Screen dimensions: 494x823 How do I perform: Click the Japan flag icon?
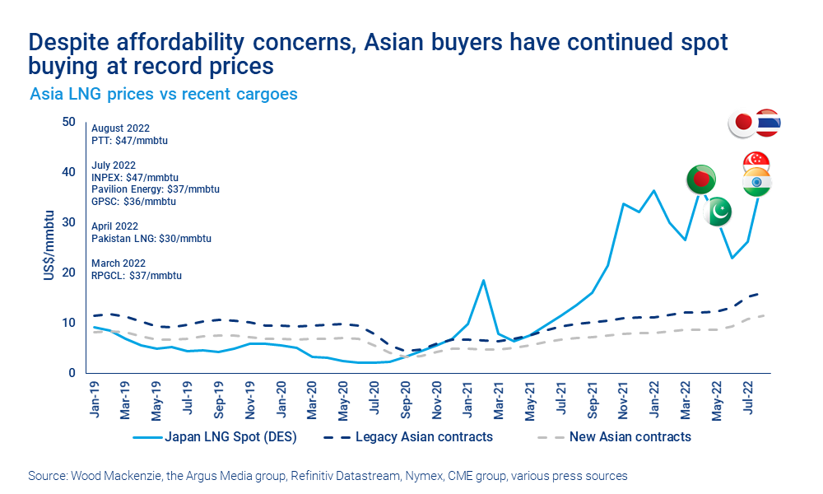click(743, 123)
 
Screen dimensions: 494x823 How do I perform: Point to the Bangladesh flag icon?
click(700, 179)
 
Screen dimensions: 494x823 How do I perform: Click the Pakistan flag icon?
click(718, 212)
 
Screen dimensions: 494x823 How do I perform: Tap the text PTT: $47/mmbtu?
click(130, 141)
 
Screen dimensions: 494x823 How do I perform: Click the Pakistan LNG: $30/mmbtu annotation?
click(151, 239)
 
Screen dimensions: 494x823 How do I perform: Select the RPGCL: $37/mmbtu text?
click(137, 275)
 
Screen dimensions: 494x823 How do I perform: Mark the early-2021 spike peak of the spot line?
click(483, 280)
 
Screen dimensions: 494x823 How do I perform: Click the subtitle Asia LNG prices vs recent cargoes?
click(164, 94)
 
